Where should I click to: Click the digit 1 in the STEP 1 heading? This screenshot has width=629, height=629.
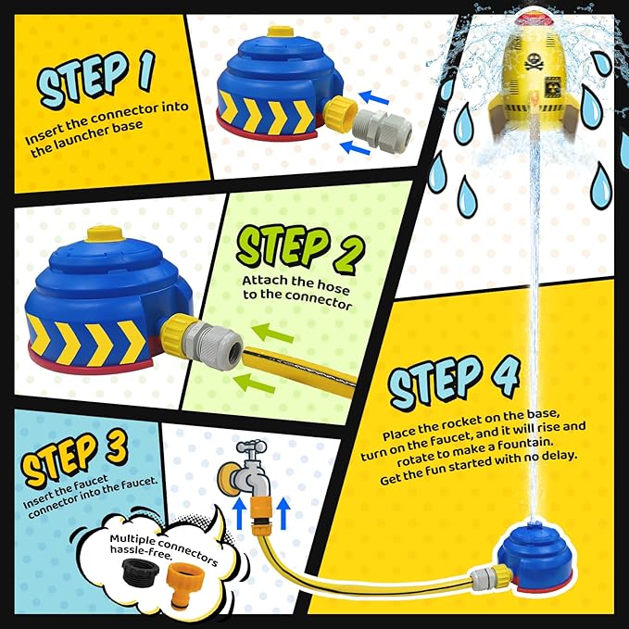coord(145,71)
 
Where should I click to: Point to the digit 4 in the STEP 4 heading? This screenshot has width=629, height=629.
coord(503,376)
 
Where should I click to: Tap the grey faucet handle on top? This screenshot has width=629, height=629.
coord(251,447)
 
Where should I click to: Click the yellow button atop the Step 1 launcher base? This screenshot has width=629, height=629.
coord(281,31)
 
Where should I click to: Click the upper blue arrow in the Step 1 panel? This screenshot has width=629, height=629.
coord(374,97)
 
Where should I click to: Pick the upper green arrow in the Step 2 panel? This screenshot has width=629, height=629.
coord(273,333)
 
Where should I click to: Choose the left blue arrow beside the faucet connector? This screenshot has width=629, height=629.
coord(239,513)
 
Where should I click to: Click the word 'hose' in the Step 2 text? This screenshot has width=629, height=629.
coord(333,284)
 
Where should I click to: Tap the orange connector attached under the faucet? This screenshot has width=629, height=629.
coord(259,514)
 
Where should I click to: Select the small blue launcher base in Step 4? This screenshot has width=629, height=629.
coord(535,558)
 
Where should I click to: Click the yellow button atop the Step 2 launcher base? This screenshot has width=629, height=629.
coord(105,233)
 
